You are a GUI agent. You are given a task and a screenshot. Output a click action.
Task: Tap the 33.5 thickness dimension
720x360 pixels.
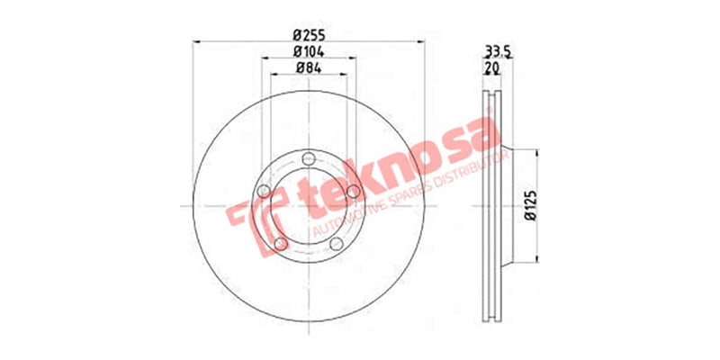[498, 52]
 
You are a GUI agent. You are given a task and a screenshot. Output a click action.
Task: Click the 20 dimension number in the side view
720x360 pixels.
[492, 67]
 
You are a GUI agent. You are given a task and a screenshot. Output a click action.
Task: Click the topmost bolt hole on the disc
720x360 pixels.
[309, 159]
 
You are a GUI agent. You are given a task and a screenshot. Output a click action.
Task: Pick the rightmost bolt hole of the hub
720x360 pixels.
[353, 191]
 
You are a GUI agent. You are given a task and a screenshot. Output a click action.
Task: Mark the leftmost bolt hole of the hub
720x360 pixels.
[264, 191]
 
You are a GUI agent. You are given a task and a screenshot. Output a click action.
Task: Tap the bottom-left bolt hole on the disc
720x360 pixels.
[281, 244]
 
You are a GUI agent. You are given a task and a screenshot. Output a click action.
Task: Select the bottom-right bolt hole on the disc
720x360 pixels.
[337, 244]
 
